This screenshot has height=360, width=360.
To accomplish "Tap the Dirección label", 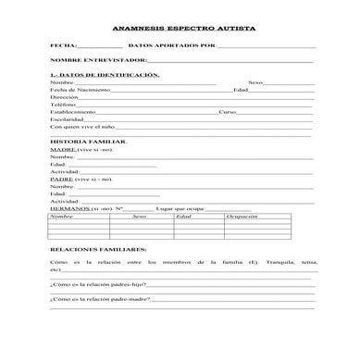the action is pyautogui.click(x=64, y=97).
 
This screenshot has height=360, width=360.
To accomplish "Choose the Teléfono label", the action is pyautogui.click(x=63, y=105).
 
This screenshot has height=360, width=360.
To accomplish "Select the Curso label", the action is pyautogui.click(x=227, y=112).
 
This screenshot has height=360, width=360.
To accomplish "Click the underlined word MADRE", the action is pyautogui.click(x=63, y=149).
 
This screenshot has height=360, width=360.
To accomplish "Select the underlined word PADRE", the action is pyautogui.click(x=62, y=179).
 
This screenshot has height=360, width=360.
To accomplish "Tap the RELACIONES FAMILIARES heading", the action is pyautogui.click(x=97, y=250).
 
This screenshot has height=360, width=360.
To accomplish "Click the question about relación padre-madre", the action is pyautogui.click(x=99, y=299).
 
